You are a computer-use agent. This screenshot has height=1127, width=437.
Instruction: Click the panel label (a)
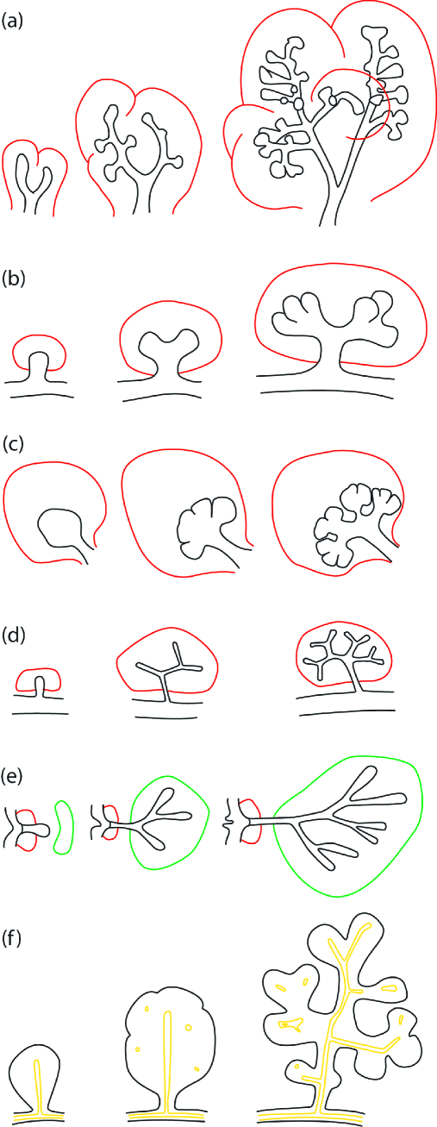pyautogui.click(x=13, y=22)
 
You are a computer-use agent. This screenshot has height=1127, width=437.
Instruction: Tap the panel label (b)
pyautogui.click(x=14, y=279)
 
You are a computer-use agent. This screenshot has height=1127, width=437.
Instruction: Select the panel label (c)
pyautogui.click(x=13, y=445)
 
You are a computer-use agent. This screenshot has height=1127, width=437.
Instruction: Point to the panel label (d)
pyautogui.click(x=14, y=636)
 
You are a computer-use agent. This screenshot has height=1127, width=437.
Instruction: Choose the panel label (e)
pyautogui.click(x=13, y=776)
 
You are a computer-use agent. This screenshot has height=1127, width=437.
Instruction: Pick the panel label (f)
pyautogui.click(x=12, y=939)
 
